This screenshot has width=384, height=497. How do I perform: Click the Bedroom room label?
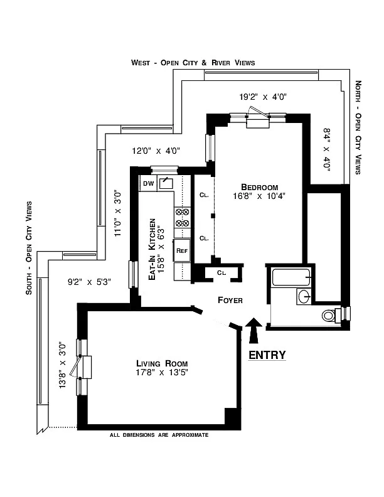click(x=260, y=187)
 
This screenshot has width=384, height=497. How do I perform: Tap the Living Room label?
click(x=162, y=363)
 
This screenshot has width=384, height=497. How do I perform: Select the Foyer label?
click(x=230, y=300)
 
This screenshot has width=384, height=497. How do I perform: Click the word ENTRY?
click(x=267, y=355)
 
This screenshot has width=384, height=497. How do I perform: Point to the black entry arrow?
click(x=253, y=329)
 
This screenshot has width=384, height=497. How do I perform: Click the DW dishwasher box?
click(x=148, y=183)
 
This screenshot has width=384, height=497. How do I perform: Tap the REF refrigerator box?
click(x=182, y=250)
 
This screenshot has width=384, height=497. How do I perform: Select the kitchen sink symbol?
click(x=166, y=183)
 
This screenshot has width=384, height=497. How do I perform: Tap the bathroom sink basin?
click(x=303, y=296)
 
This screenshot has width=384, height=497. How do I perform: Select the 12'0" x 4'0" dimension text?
click(x=156, y=151)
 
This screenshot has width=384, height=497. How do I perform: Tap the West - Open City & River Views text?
click(x=193, y=63)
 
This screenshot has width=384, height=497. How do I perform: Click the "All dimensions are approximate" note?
click(x=159, y=435)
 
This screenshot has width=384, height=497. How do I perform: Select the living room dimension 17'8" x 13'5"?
click(x=162, y=373)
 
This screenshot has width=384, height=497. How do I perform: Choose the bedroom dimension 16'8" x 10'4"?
click(x=260, y=197)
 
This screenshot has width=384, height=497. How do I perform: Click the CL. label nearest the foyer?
click(x=221, y=272)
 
